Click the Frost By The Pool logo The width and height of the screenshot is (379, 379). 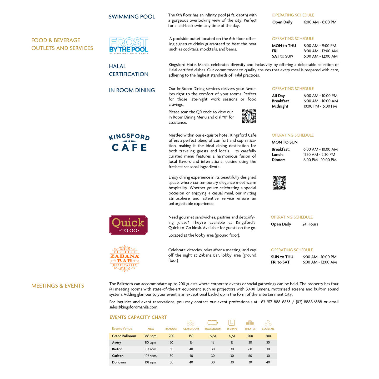point(129,46)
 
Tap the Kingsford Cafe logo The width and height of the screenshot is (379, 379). point(129,142)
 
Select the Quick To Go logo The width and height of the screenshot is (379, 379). point(128,225)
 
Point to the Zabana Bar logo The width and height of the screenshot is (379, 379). point(125,258)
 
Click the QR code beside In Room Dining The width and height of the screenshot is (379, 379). point(249,116)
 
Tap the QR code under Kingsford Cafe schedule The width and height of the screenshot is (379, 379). point(279,183)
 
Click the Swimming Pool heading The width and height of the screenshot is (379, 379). point(132,17)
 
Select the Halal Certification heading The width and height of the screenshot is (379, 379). point(128,70)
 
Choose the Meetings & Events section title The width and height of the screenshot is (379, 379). point(58,286)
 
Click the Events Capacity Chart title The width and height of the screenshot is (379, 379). point(138,317)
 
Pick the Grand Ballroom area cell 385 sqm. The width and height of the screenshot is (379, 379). point(151,336)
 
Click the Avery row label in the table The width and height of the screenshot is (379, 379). point(117,343)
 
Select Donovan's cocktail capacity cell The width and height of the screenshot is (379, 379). point(268,362)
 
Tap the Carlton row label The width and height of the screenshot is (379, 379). point(118,356)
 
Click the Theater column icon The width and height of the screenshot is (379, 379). point(250,323)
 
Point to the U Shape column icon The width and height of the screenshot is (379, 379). point(232,323)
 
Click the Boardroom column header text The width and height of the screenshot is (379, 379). point(213,329)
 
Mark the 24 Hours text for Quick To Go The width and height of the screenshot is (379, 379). point(310,224)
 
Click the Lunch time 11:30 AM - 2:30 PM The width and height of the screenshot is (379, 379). point(319,155)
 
